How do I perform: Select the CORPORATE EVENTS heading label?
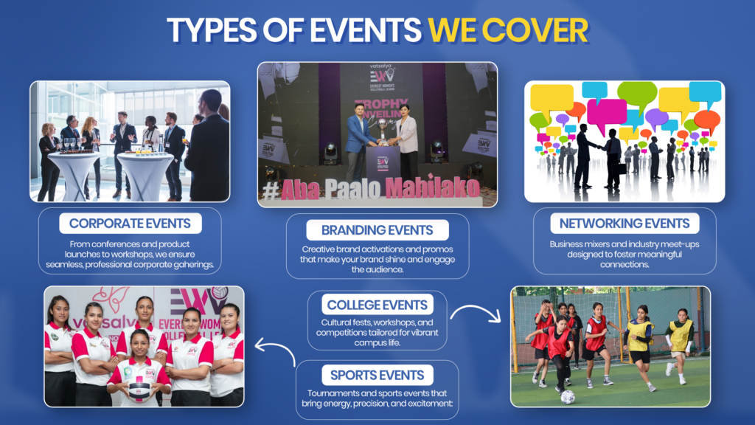pos(130,223)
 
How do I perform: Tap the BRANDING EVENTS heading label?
pos(377,229)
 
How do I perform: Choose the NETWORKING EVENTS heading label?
pos(624,223)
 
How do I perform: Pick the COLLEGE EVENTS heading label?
pos(377,304)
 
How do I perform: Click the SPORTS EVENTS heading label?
pos(377,375)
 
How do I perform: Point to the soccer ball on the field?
pos(567,396)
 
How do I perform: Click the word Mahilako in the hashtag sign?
pos(442,190)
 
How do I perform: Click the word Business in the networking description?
pos(568,244)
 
